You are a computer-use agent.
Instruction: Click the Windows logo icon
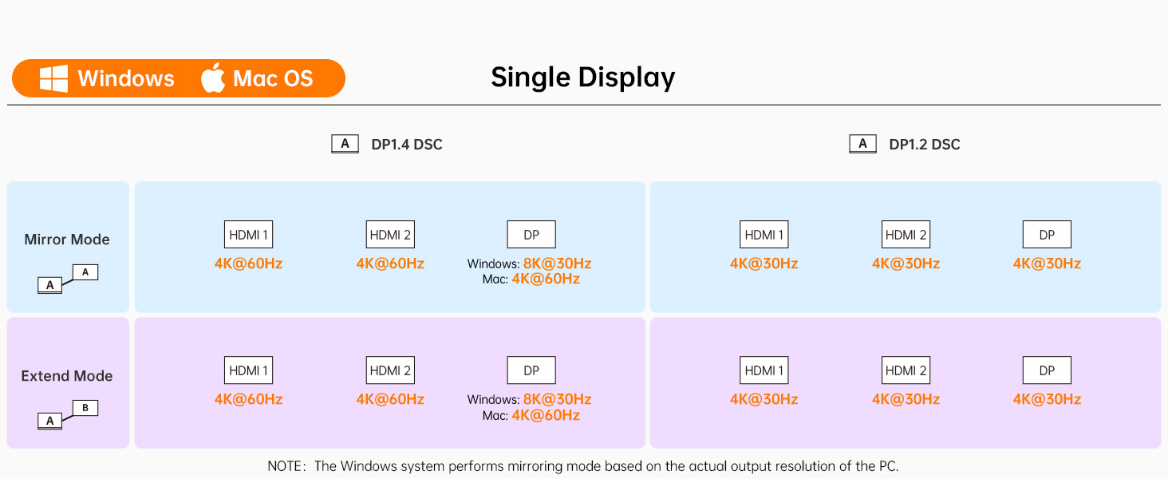click(x=53, y=78)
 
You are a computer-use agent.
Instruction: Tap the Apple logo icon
click(x=213, y=77)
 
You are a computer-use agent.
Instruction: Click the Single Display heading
click(x=583, y=77)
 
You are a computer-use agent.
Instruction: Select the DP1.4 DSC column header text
click(x=407, y=144)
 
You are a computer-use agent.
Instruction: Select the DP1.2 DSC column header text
click(x=925, y=144)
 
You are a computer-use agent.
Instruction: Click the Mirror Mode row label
click(x=67, y=239)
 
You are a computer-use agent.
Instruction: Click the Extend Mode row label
click(x=67, y=376)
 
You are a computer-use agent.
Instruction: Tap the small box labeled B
click(x=85, y=408)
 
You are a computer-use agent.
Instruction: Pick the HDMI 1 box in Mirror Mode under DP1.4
click(x=248, y=234)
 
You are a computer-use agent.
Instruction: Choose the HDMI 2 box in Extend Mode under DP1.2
click(x=906, y=370)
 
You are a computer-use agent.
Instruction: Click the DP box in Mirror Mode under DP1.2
click(x=1047, y=234)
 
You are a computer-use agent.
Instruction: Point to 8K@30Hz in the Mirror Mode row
click(x=557, y=263)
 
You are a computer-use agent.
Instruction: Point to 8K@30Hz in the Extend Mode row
click(x=557, y=399)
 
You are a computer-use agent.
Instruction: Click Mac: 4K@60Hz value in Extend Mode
click(x=531, y=415)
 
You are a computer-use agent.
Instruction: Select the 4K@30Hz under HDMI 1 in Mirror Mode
click(x=764, y=263)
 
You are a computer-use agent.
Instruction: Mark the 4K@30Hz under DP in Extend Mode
click(x=1047, y=399)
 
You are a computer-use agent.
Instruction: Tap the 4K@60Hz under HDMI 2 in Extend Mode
click(x=390, y=399)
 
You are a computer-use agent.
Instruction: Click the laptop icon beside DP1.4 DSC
click(x=345, y=144)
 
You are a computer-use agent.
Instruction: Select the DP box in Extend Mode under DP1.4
click(x=531, y=370)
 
